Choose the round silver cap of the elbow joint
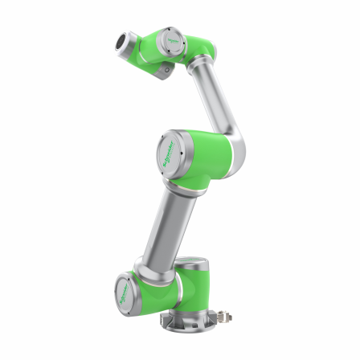(172, 150)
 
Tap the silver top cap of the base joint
(193, 262)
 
